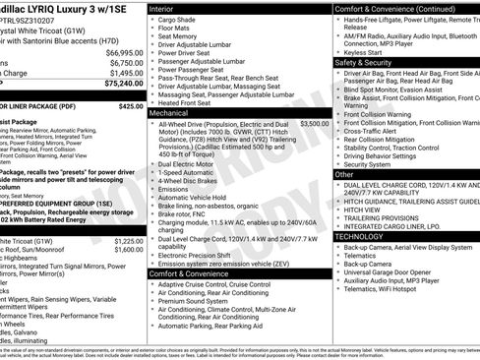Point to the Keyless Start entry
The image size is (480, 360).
[368, 51]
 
